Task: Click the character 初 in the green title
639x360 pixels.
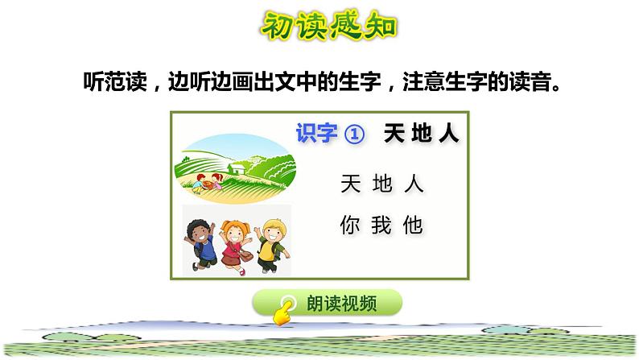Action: pyautogui.click(x=278, y=27)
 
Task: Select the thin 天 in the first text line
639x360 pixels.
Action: pyautogui.click(x=350, y=184)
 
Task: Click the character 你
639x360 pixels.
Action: pyautogui.click(x=350, y=226)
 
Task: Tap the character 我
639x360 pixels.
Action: pyautogui.click(x=381, y=226)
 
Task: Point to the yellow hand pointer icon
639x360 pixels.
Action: pyautogui.click(x=282, y=312)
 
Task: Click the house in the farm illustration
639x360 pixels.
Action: pyautogui.click(x=236, y=169)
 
